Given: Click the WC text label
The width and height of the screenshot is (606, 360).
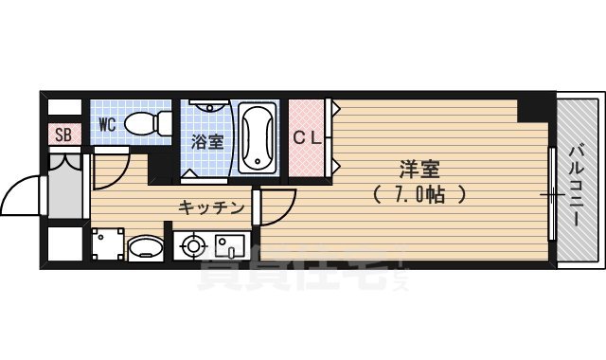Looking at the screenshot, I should (105, 124).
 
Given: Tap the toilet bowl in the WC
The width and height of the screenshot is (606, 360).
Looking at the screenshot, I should (144, 123).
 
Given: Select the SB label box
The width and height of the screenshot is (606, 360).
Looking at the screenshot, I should (63, 134).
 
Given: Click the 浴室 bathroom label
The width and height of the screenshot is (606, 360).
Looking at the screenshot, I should (206, 143).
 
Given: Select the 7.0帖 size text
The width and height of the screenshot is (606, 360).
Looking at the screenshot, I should (418, 194).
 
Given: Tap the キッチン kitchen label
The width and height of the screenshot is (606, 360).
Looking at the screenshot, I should (212, 207).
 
